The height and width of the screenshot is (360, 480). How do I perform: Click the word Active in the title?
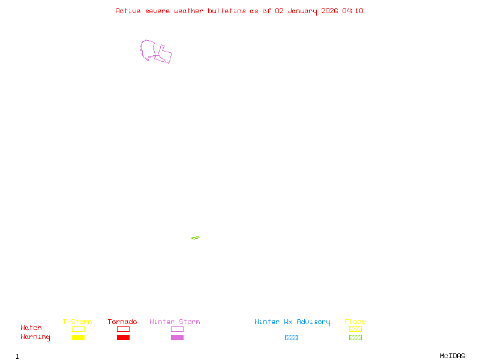[128, 11]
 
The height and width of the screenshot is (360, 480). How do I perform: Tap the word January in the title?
[301, 11]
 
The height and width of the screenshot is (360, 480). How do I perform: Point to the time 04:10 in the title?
[353, 11]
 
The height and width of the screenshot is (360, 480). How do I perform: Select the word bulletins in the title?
[227, 11]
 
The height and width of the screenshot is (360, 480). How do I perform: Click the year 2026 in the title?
[329, 11]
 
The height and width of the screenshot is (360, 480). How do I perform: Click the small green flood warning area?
[196, 238]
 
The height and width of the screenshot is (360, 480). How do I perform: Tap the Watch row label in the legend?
[31, 328]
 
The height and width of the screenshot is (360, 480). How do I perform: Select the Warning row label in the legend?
[35, 337]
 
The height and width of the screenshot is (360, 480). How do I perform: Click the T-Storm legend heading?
[77, 322]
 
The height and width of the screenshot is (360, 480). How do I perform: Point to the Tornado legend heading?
[122, 322]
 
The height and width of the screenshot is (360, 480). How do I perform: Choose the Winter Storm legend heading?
[175, 322]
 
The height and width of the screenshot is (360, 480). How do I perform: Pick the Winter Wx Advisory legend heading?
[292, 322]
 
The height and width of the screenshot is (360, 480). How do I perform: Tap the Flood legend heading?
[355, 322]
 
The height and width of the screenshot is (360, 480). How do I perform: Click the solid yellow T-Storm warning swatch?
[78, 338]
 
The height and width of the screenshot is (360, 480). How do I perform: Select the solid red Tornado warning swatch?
[123, 338]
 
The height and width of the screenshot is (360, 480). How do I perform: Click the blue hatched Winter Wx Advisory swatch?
[291, 338]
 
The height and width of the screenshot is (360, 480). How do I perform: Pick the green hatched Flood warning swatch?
[355, 338]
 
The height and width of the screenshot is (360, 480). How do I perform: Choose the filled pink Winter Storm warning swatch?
[177, 338]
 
